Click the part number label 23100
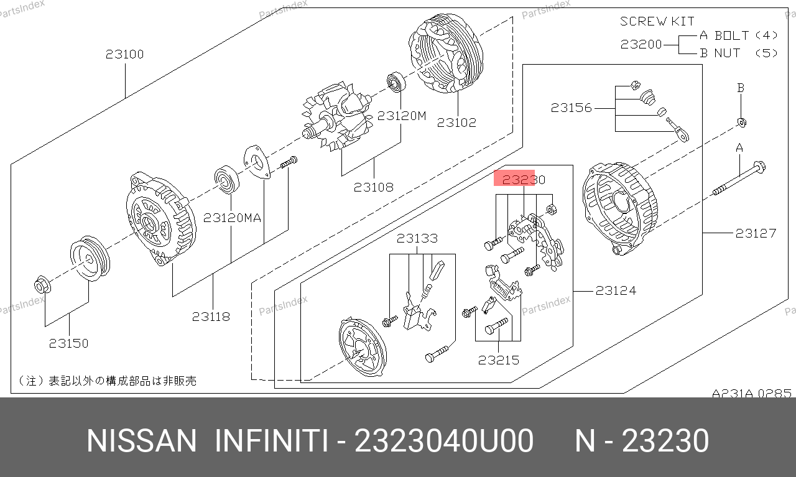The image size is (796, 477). [x=125, y=54]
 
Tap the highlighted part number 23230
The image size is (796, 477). [x=524, y=180]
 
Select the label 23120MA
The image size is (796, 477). [x=232, y=218]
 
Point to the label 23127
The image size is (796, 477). [x=756, y=233]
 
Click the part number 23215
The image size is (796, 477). [x=499, y=361]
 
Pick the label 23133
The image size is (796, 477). [x=417, y=238]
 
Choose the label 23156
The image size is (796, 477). [x=572, y=108]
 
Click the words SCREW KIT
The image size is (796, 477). [x=657, y=21]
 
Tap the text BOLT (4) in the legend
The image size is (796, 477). [x=746, y=35]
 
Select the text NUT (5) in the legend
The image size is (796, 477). [x=746, y=53]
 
